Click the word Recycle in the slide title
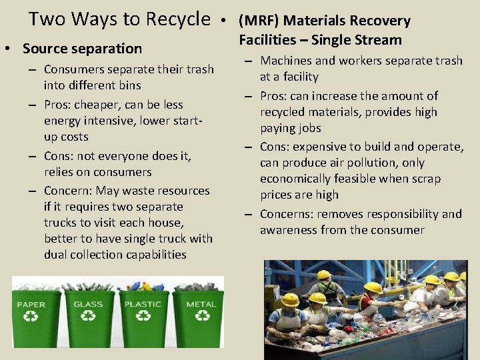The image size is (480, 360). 177,19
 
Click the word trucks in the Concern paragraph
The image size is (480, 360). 63,223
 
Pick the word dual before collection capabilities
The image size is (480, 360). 56,255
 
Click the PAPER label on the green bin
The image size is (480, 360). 32,304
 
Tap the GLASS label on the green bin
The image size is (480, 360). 88,304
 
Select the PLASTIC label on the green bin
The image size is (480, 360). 143,304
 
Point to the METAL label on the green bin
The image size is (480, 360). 201,304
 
